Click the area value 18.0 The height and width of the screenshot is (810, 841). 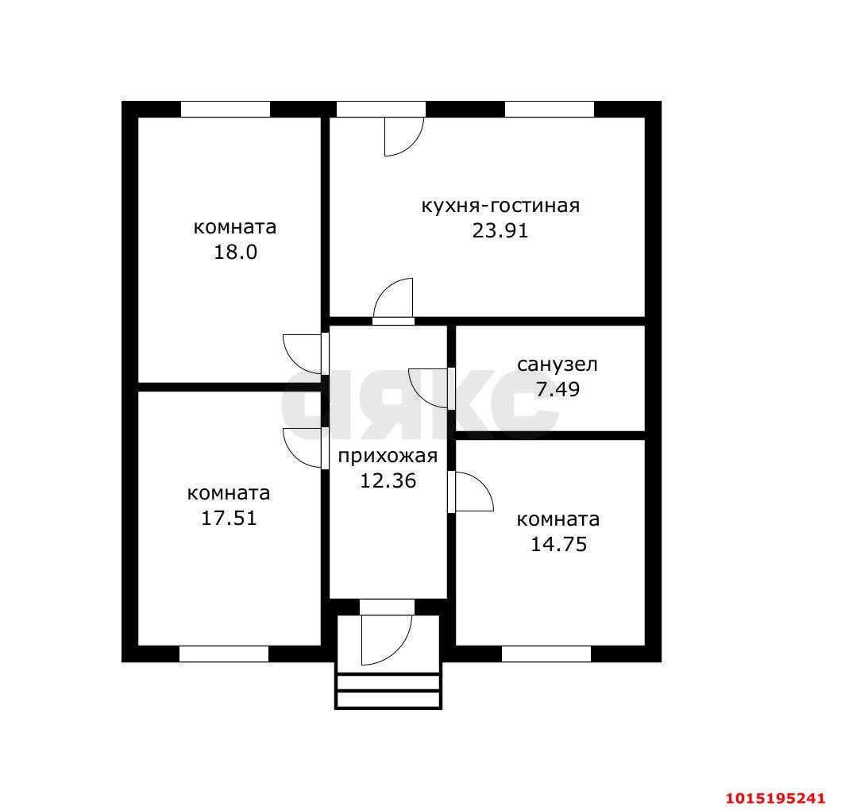pos(235,252)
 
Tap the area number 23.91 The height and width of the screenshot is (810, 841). pos(500,230)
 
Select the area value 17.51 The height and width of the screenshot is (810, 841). pos(229,518)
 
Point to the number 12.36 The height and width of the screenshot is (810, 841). pos(388,480)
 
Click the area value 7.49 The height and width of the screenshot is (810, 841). pos(557,389)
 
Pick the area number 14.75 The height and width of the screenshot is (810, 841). pos(559,544)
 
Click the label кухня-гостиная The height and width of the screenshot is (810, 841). pos(500,206)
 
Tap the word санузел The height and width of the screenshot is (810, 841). pos(557,364)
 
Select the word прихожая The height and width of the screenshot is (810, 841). pos(388,457)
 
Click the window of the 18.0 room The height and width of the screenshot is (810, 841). pos(226,109)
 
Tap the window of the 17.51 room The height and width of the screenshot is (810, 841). pos(224,654)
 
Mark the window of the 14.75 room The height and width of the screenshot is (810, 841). pos(546,654)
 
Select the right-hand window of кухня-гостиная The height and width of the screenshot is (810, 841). pos(550,109)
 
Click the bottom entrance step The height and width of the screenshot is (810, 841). pos(388,700)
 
